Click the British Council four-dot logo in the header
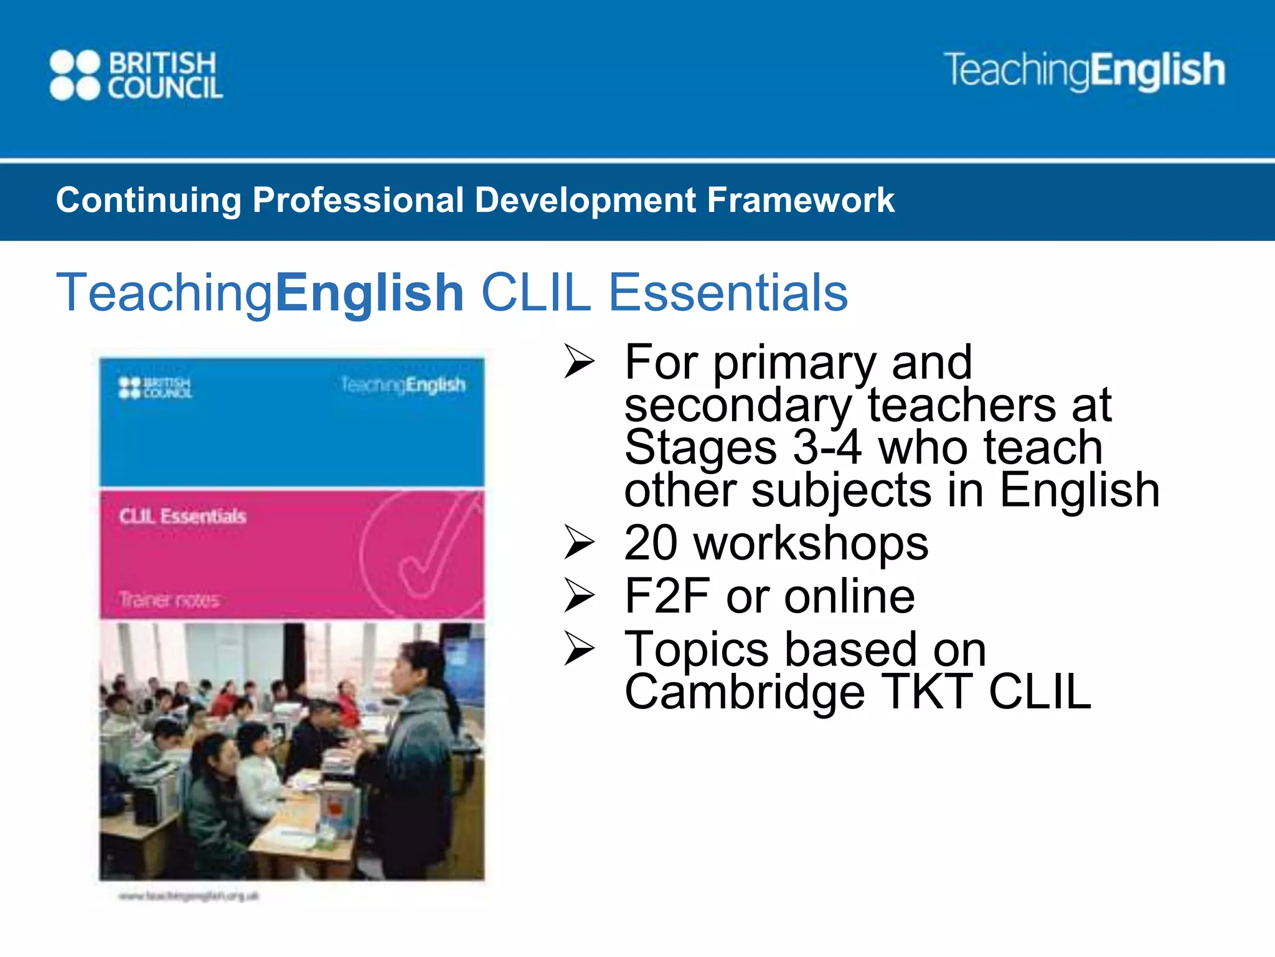click(75, 75)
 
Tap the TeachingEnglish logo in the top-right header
click(1084, 70)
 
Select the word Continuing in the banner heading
click(148, 201)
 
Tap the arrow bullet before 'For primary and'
click(579, 362)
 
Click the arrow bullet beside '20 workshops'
click(579, 543)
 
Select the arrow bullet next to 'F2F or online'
click(579, 596)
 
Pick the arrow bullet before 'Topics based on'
click(579, 649)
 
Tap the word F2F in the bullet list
click(667, 596)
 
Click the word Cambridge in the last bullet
click(745, 692)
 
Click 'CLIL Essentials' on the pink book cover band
click(183, 517)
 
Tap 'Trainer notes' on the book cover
click(169, 600)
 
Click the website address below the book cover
click(189, 897)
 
